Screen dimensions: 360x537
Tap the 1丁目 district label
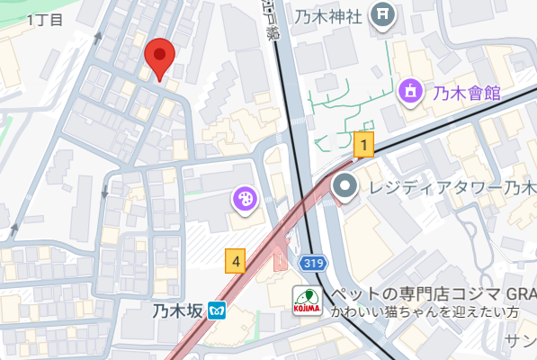tap(45, 19)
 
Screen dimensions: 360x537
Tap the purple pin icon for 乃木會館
tap(411, 90)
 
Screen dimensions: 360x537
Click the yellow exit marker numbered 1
tap(363, 144)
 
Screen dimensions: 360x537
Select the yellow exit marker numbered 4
tap(236, 261)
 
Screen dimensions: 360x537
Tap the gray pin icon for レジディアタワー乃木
tap(345, 188)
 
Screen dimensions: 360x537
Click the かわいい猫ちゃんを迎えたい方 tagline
tap(425, 312)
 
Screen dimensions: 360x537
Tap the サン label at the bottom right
tap(520, 339)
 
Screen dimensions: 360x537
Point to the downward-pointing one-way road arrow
tap(106, 191)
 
